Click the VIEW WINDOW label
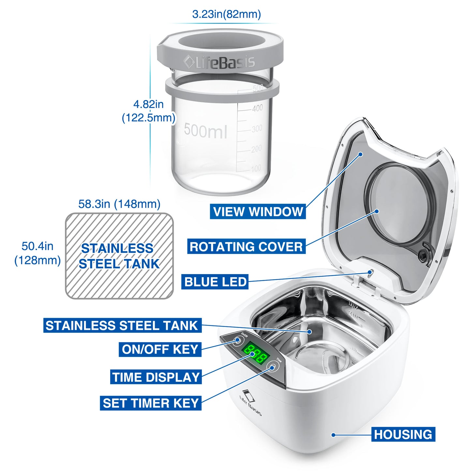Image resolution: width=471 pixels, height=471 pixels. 258,212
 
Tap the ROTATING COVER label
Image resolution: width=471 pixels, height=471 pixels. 246,247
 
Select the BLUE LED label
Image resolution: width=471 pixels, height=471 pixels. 215,282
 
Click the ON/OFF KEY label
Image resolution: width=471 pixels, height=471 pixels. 160,349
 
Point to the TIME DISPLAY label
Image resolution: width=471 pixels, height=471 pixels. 156,377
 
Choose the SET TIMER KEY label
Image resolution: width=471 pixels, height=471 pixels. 151,403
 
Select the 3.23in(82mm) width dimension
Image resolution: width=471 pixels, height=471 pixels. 226,14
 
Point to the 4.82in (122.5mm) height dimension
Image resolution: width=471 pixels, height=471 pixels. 148,111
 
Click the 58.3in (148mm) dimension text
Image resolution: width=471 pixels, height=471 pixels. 119,204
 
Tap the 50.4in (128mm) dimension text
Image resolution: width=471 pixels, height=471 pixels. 37,253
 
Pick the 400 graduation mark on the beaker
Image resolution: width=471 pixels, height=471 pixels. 258,108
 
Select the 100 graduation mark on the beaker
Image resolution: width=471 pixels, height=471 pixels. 256,168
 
